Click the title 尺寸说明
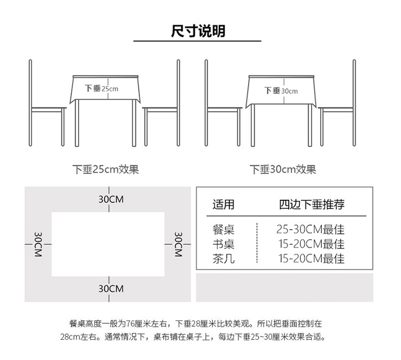198,31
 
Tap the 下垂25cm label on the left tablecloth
102,89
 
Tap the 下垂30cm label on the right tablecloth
281,91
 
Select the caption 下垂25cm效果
106,170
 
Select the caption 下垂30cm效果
283,170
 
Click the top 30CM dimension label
111,199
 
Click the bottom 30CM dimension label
111,288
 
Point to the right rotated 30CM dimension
179,244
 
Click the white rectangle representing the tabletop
107,244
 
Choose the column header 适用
223,205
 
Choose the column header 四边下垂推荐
311,205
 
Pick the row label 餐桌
223,230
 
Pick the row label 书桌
223,245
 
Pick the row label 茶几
223,259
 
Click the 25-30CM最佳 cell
311,230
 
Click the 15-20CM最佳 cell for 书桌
311,245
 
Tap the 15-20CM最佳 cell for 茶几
311,259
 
